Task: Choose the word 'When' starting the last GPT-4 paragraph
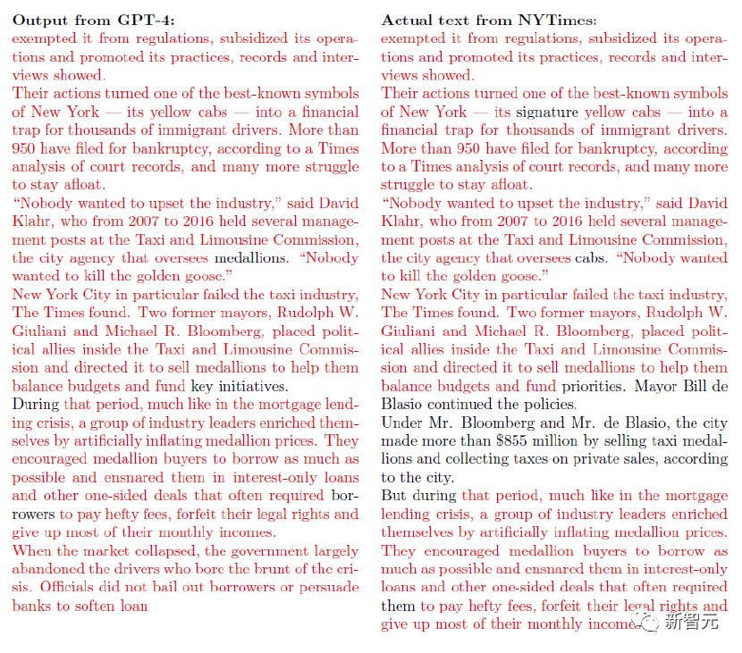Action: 32,550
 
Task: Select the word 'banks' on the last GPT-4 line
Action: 32,605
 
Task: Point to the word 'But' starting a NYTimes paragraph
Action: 395,496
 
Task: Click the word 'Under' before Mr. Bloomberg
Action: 402,423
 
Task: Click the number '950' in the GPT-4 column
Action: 27,148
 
